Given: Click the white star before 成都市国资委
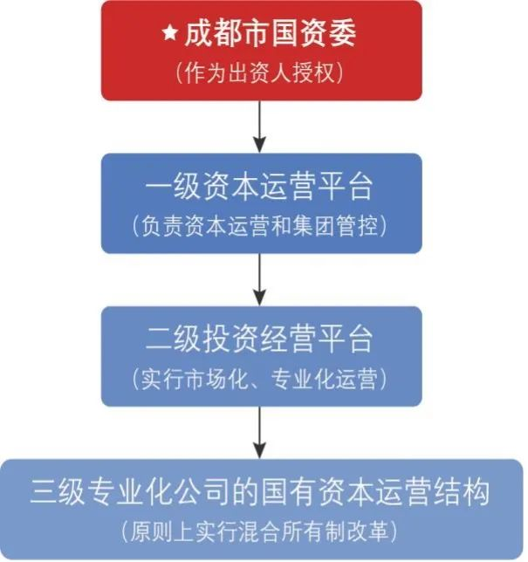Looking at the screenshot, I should [x=169, y=35].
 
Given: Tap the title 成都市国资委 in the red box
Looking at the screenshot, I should [x=270, y=35].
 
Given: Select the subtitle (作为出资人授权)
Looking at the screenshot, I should [x=262, y=71].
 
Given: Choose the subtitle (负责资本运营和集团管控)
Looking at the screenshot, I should [x=261, y=225].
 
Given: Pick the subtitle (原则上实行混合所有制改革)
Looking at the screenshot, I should [x=262, y=530].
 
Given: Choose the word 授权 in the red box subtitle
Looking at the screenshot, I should [x=325, y=71].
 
